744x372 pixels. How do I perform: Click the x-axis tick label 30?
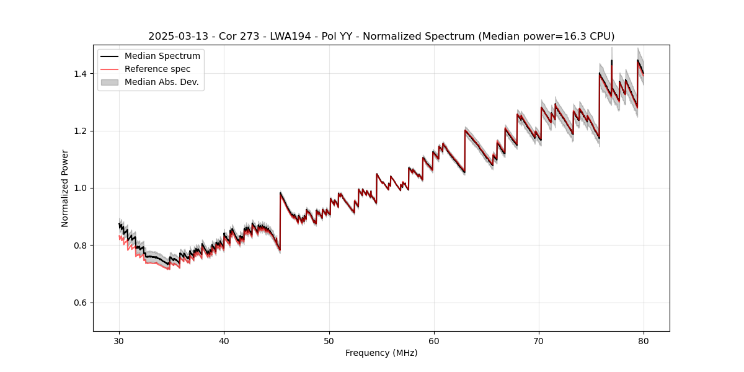(x=119, y=341)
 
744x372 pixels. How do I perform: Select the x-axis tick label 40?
(x=224, y=341)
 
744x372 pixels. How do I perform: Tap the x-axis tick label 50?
(x=329, y=341)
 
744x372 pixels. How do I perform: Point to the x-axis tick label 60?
(x=434, y=341)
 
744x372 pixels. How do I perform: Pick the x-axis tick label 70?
(x=539, y=341)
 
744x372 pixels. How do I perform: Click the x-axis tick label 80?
(x=644, y=341)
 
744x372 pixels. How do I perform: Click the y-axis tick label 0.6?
(x=80, y=303)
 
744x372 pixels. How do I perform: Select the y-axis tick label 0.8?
(x=80, y=246)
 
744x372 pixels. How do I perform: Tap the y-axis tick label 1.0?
(x=80, y=188)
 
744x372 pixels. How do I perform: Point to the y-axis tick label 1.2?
(x=80, y=131)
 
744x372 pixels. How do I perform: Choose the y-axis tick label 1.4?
(x=80, y=74)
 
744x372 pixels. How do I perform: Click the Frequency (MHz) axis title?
(x=381, y=353)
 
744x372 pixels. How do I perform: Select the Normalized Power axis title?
(x=65, y=188)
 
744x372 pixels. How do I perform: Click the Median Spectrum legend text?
(x=162, y=56)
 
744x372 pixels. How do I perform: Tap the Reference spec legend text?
(x=157, y=69)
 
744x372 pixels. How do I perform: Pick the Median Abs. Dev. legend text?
(x=162, y=82)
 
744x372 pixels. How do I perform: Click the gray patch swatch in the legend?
(x=110, y=82)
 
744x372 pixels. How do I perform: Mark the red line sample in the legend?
(x=110, y=69)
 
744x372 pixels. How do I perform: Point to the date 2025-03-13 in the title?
(x=175, y=37)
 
